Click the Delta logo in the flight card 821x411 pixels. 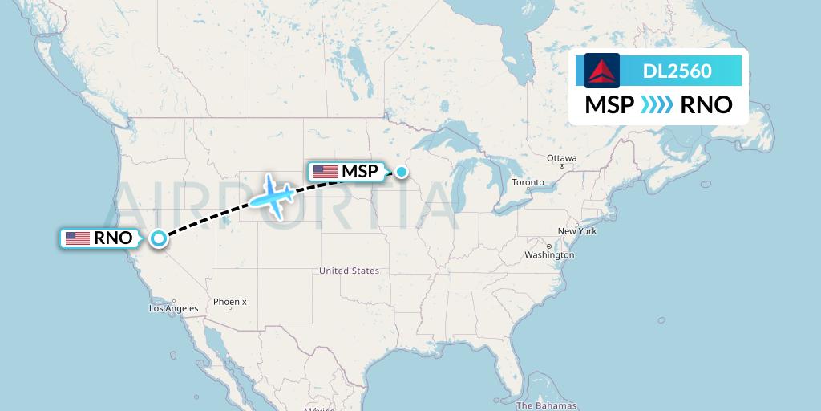602,71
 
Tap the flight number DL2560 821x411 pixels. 677,71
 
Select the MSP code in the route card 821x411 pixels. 609,105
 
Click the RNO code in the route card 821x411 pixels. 706,105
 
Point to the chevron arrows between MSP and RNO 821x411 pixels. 657,105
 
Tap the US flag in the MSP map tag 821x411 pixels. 326,171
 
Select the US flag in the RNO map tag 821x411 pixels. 78,238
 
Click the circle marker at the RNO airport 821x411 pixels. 159,238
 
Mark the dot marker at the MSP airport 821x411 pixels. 402,171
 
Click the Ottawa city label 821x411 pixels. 561,158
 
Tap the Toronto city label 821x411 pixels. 528,183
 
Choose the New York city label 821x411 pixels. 577,231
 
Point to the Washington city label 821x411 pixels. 550,255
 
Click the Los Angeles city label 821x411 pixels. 174,308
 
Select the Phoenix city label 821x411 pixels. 230,302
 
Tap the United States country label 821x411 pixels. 349,271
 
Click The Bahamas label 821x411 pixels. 547,406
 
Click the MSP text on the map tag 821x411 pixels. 359,171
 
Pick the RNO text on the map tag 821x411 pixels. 113,238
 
